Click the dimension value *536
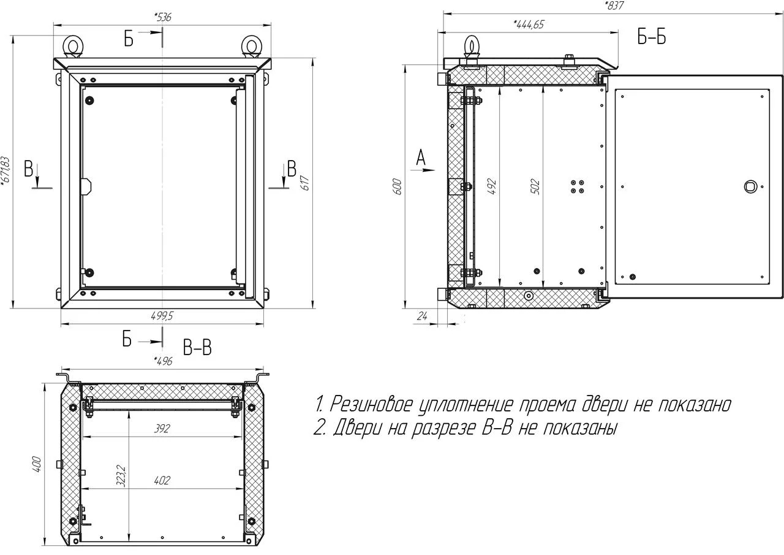click(162, 17)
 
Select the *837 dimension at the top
click(614, 6)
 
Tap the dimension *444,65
click(529, 24)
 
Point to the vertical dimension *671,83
click(6, 170)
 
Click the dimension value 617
click(305, 183)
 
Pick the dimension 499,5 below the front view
click(162, 316)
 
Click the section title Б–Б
click(651, 37)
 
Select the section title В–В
click(197, 348)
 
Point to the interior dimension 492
click(492, 187)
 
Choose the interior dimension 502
click(535, 187)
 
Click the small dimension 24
click(422, 316)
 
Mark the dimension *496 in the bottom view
click(163, 361)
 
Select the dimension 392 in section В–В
click(162, 429)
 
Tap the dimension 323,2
click(121, 476)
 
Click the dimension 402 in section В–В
click(162, 480)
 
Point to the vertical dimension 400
click(37, 464)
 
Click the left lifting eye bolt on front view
click(73, 47)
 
